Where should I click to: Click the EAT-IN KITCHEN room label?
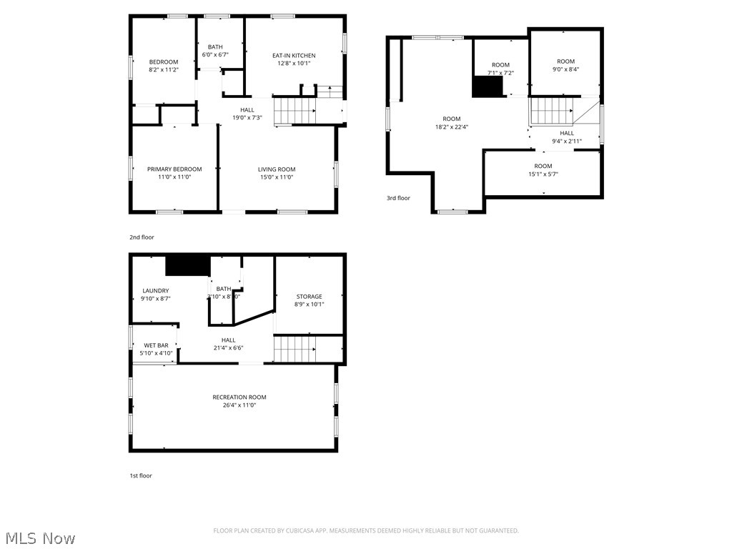293,56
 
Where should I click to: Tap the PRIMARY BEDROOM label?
174,169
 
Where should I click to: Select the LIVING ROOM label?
277,169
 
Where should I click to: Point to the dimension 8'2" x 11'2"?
164,70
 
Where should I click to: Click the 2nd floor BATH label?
215,47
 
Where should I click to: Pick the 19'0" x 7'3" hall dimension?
247,118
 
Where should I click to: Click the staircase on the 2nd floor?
295,111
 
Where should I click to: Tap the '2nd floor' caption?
142,237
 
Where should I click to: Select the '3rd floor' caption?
398,198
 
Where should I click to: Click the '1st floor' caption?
141,475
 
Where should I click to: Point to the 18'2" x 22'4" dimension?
452,127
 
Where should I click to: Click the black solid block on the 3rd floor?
487,86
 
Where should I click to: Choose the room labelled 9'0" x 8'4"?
565,66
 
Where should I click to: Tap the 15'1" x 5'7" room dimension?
543,174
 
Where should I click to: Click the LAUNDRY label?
155,291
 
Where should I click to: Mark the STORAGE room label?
310,297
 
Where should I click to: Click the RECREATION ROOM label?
239,397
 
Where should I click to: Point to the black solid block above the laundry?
187,266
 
